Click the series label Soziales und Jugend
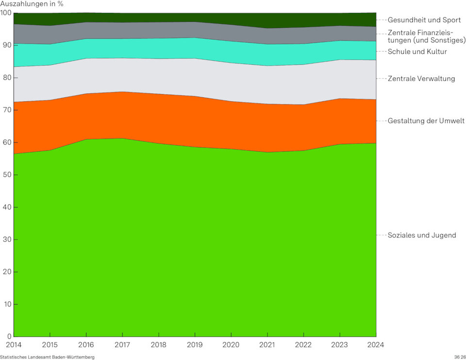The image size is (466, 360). (x=422, y=235)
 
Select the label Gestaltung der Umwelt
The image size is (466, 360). (x=426, y=120)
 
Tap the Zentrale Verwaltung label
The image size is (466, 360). (x=421, y=78)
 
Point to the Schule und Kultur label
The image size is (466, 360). (x=417, y=51)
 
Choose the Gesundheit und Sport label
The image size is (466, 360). (x=424, y=20)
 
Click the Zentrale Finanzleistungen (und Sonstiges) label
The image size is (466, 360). (x=427, y=36)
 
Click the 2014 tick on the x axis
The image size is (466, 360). (x=14, y=344)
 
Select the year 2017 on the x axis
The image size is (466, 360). (x=122, y=344)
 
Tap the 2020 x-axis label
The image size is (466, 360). (x=231, y=344)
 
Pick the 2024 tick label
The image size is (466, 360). (x=376, y=344)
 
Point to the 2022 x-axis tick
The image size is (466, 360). (x=303, y=344)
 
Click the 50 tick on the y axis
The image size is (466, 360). (x=6, y=175)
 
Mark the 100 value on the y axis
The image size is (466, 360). (x=6, y=13)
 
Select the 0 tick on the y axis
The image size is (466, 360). (x=8, y=336)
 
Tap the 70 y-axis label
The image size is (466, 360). (x=6, y=110)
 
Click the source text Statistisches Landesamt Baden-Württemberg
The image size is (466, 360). (x=47, y=357)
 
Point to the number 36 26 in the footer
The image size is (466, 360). (x=460, y=357)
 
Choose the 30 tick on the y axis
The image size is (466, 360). (x=6, y=240)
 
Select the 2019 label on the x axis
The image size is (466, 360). (x=195, y=344)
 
